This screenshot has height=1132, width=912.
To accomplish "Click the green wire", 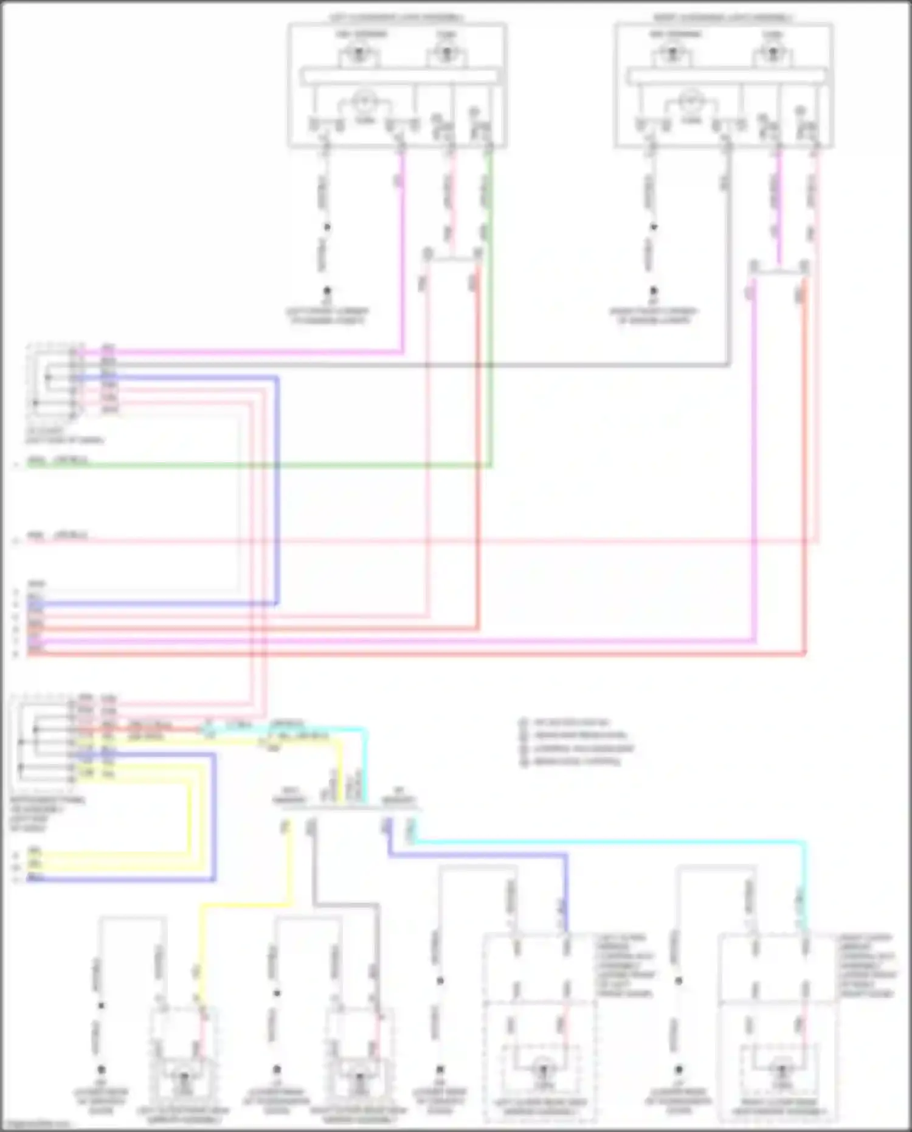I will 255,466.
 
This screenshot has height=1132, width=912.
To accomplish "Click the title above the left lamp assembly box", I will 396,18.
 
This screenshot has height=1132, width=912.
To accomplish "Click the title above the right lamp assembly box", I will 724,18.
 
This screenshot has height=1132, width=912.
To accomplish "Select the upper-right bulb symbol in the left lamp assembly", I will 446,54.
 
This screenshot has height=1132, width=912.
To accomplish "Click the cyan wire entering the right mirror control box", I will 608,842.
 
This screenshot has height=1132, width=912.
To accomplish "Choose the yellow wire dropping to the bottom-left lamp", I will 243,906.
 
